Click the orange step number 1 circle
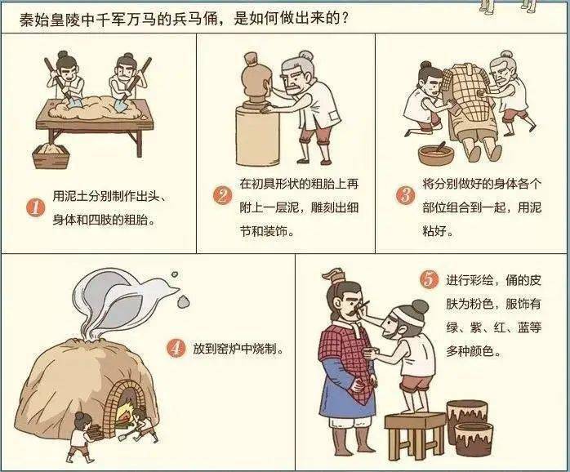click(34, 207)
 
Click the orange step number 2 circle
click(222, 195)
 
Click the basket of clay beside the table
click(51, 155)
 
